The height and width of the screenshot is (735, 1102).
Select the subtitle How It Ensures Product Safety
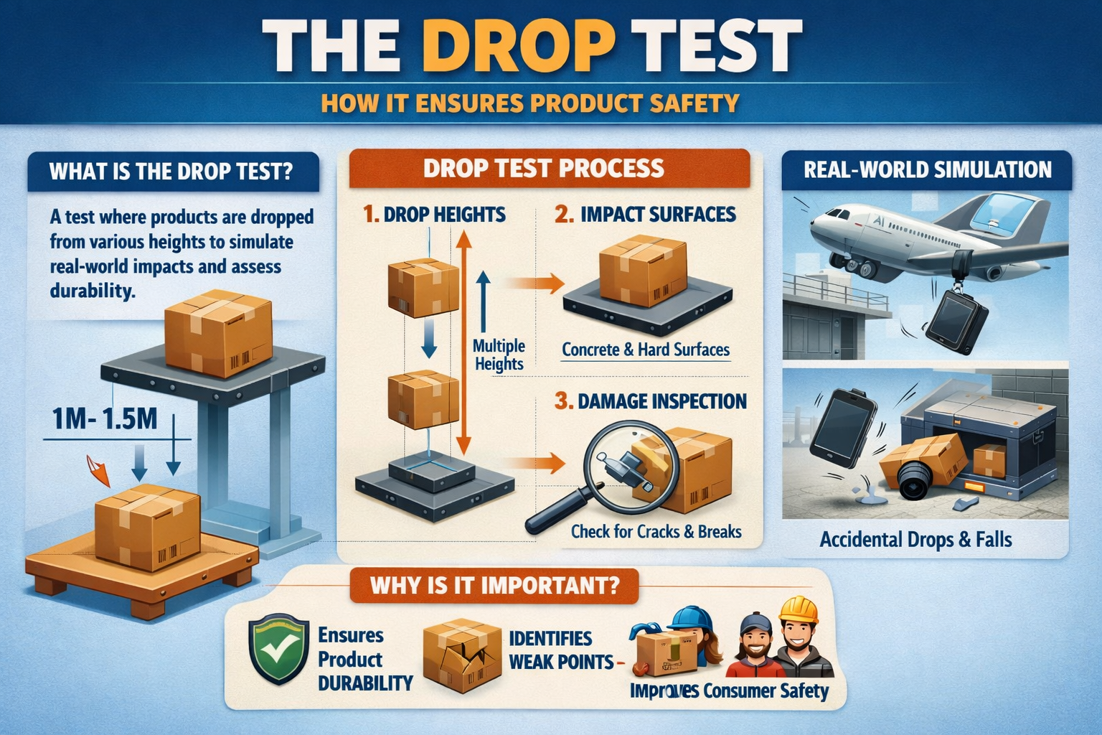(x=529, y=103)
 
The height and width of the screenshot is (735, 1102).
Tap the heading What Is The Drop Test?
(x=171, y=172)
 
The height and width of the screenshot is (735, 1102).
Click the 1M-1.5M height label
(x=105, y=418)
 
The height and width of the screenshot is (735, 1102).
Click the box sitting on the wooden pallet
(x=147, y=526)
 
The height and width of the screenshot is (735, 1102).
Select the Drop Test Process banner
(x=544, y=168)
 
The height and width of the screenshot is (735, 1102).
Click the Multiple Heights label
(x=499, y=355)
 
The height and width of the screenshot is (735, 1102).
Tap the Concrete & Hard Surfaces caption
(x=645, y=350)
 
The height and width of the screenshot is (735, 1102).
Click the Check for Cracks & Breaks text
(x=656, y=532)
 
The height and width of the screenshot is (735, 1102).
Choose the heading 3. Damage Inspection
(x=650, y=401)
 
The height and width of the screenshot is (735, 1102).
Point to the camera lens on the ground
(x=915, y=480)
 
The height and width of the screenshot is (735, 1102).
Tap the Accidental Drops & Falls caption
(x=915, y=540)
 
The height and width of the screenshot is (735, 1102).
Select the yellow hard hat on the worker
(x=799, y=611)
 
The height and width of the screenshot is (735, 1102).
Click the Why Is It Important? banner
(x=494, y=585)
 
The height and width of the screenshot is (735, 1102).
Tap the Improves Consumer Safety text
(x=729, y=690)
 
